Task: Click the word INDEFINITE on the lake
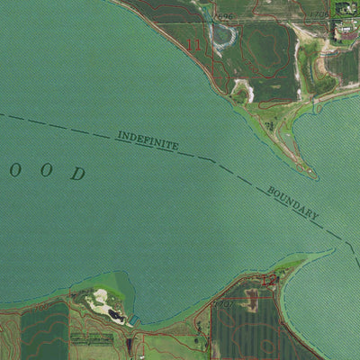pyautogui.click(x=148, y=141)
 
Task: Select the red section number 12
pyautogui.click(x=268, y=281)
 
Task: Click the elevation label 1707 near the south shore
pyautogui.click(x=224, y=304)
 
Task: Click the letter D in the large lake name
pyautogui.click(x=78, y=174)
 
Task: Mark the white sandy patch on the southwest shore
pyautogui.click(x=100, y=301)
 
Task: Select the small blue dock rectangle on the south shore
pyautogui.click(x=134, y=320)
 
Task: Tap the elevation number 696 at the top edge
pyautogui.click(x=225, y=15)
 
